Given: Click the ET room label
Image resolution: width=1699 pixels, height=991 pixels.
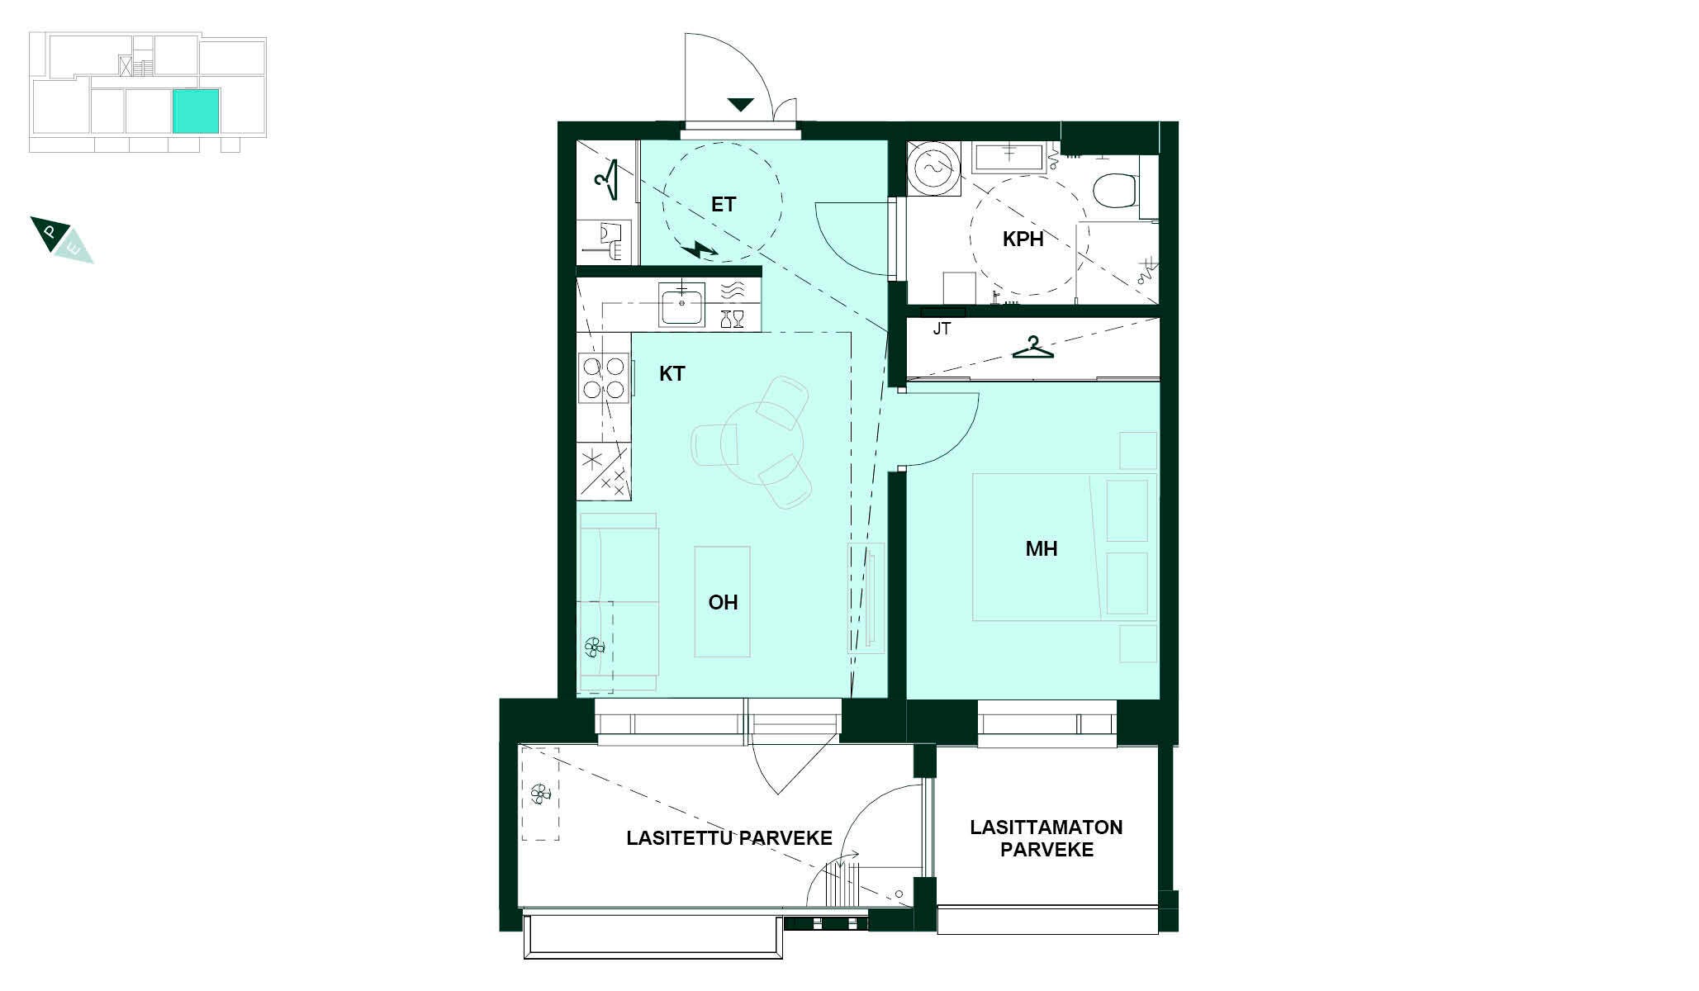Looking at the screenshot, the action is coord(723,205).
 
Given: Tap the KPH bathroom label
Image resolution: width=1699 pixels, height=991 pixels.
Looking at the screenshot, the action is coord(1023,239).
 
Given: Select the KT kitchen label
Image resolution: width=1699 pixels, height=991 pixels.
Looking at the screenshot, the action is coord(672,374).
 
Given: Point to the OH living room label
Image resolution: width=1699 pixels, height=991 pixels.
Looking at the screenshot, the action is coord(723,603).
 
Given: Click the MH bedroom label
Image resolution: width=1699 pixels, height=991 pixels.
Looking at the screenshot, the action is coord(1041,549).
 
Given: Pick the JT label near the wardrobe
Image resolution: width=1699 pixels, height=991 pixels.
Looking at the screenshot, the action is coord(942,329).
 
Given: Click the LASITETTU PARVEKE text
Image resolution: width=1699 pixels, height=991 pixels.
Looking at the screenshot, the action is coord(728,837).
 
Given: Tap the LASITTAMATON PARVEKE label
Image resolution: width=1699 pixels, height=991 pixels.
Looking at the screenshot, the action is coord(1046,838).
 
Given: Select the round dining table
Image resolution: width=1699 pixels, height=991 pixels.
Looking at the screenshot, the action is coord(762,443).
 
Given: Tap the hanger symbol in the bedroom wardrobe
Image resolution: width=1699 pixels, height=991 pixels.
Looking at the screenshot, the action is coord(1033,348).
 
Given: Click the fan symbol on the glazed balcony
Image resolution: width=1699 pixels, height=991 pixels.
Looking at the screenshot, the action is coord(540,794).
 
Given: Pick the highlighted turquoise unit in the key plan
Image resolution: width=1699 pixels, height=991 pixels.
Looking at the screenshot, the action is coord(196,111).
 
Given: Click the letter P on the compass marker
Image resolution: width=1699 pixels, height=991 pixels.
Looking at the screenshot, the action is coord(50,232).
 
